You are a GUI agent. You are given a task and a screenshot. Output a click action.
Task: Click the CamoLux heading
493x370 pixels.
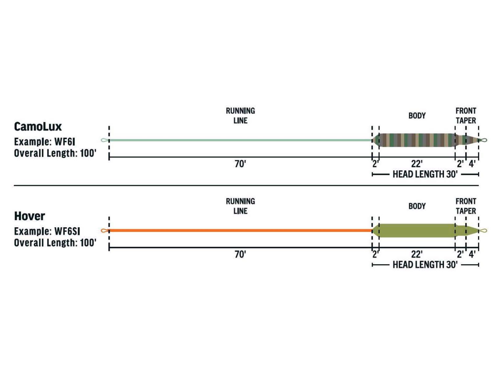(x=38, y=127)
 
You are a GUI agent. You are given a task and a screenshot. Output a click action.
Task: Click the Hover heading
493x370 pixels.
(x=30, y=216)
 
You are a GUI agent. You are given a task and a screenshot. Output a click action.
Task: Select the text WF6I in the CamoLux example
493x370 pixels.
(x=65, y=142)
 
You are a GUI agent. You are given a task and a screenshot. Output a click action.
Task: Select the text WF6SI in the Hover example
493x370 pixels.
(x=67, y=231)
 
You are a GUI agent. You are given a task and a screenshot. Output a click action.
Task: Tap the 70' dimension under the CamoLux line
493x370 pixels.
(x=240, y=164)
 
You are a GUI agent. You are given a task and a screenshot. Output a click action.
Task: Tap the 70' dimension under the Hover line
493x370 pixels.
(x=240, y=254)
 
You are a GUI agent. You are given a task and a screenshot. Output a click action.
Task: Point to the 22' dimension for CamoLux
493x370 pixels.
(x=417, y=164)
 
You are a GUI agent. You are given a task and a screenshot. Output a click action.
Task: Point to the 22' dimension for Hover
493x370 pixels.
(x=417, y=254)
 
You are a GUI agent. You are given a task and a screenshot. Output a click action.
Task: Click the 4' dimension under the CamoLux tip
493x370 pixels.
(x=472, y=164)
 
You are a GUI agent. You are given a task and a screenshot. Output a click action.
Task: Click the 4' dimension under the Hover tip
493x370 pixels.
(x=472, y=254)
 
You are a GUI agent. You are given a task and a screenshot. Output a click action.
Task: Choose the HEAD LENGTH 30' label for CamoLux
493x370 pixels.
(x=425, y=174)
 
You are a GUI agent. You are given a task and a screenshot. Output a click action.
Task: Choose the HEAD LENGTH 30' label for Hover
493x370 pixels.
(x=425, y=265)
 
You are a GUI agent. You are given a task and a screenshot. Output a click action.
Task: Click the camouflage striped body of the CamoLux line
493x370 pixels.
(x=417, y=140)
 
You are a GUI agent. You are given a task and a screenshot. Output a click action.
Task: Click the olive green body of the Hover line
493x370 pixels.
(x=417, y=231)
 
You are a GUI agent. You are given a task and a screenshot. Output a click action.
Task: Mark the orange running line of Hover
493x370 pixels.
(x=240, y=231)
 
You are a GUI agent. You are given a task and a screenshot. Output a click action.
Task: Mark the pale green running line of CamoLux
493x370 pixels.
(x=240, y=140)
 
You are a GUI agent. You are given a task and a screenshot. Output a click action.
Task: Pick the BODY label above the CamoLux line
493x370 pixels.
(x=417, y=116)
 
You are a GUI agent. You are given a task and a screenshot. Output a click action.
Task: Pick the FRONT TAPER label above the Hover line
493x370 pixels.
(x=466, y=206)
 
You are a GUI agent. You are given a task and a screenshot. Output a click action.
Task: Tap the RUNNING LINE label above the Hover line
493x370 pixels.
(x=240, y=206)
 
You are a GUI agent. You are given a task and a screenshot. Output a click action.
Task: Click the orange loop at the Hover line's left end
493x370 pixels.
(x=104, y=231)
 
